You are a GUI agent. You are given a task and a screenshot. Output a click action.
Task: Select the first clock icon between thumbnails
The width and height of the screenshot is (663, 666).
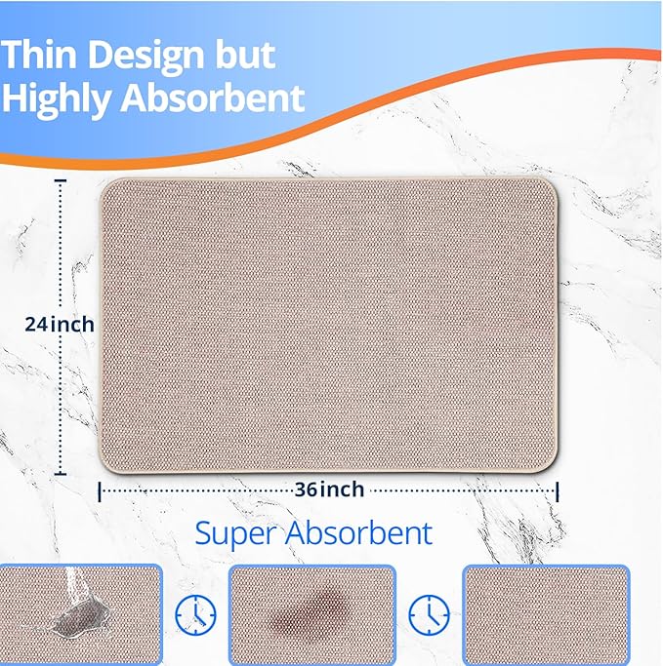click(195, 614)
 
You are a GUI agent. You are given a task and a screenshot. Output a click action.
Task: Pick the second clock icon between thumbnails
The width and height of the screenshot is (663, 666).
click(429, 614)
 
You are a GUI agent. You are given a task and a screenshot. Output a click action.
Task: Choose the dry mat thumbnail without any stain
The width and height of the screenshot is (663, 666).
click(545, 614)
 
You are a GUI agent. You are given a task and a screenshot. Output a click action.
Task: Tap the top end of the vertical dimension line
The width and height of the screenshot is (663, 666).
click(62, 179)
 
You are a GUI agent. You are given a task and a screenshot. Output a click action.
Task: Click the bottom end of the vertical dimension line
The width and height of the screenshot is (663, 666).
click(62, 473)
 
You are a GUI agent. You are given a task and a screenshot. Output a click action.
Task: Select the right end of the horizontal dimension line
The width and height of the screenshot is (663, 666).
click(558, 490)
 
